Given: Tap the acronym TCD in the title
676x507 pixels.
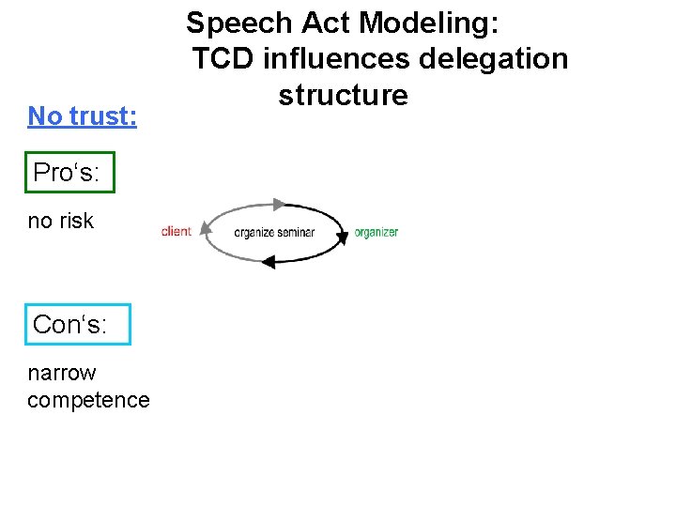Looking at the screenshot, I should click(224, 59).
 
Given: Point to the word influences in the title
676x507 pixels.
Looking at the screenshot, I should click(336, 59).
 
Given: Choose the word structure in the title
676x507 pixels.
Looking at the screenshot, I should click(344, 95).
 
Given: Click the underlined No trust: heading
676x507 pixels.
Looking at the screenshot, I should click(83, 116).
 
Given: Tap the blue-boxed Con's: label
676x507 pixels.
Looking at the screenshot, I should click(70, 325).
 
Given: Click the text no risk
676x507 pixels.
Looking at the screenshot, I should click(61, 221).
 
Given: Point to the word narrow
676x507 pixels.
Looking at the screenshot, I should click(62, 373).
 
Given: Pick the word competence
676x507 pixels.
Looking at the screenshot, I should click(88, 400).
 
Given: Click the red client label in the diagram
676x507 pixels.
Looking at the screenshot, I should click(177, 231).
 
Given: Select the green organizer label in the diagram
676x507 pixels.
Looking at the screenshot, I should click(376, 232).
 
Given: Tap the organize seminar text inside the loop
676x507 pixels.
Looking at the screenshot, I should click(274, 233).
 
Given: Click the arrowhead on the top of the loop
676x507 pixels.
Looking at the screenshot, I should click(278, 203).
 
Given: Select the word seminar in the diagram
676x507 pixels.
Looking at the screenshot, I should click(296, 233).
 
